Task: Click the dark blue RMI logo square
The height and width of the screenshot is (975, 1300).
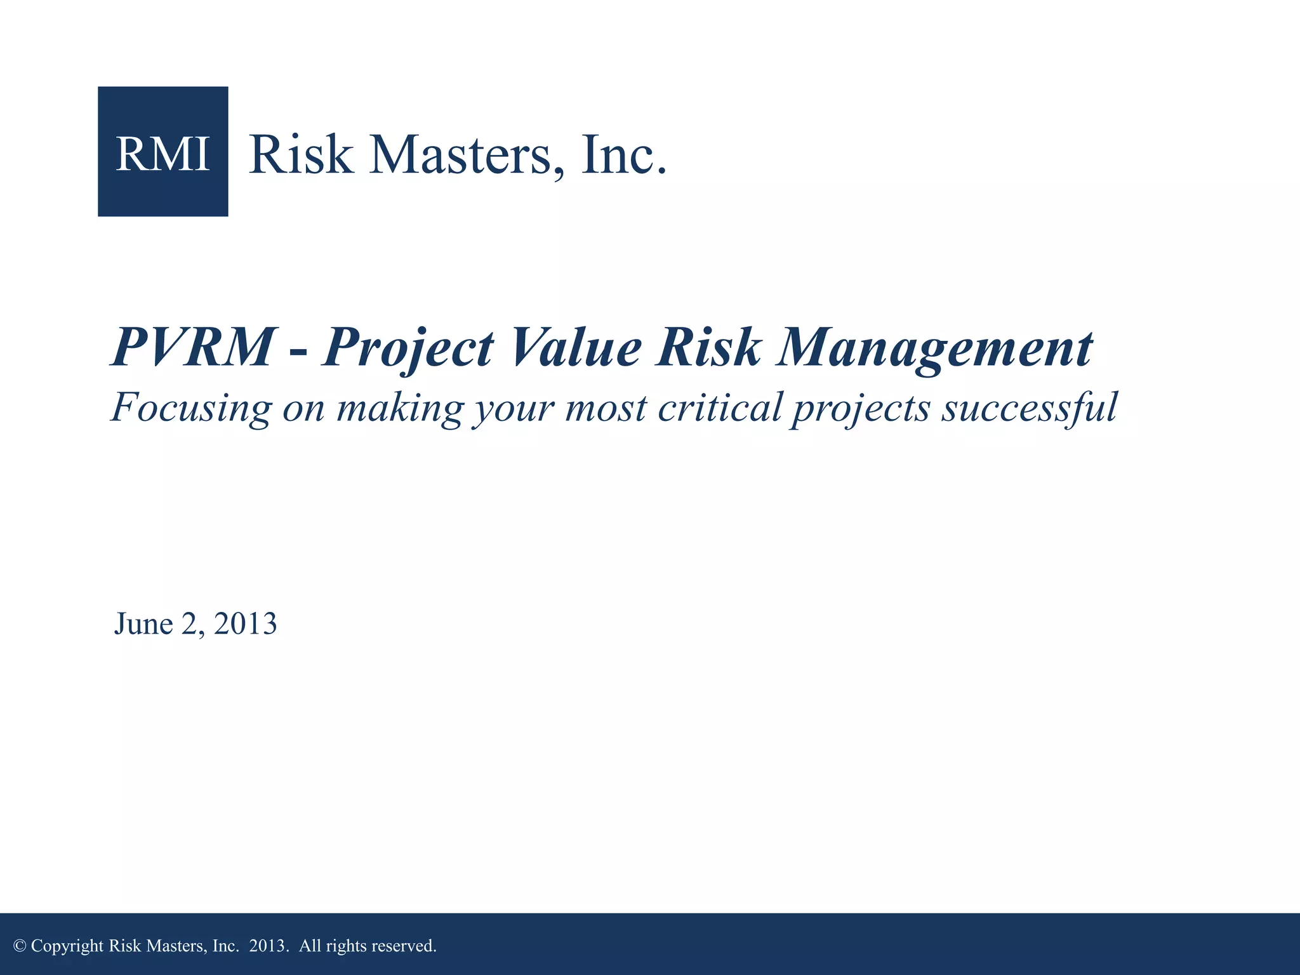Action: pos(162,152)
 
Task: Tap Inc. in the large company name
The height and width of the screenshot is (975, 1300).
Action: pos(623,155)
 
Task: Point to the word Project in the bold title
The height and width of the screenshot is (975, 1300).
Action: pos(407,348)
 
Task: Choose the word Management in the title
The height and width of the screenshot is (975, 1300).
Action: pos(934,348)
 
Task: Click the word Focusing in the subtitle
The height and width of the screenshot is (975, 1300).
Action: pos(191,408)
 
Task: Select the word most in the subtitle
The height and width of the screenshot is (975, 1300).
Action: pos(606,408)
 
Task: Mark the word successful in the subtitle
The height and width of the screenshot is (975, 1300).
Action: pos(1029,408)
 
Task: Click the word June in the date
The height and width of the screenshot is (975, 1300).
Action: pos(143,624)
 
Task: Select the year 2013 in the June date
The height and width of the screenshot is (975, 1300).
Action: pos(245,624)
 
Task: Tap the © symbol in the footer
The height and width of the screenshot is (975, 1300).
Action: pos(20,946)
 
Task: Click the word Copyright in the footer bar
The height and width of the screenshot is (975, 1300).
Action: pos(67,946)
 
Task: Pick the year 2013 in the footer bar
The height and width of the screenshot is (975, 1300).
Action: pos(267,946)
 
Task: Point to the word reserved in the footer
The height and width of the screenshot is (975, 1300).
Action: pos(404,946)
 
